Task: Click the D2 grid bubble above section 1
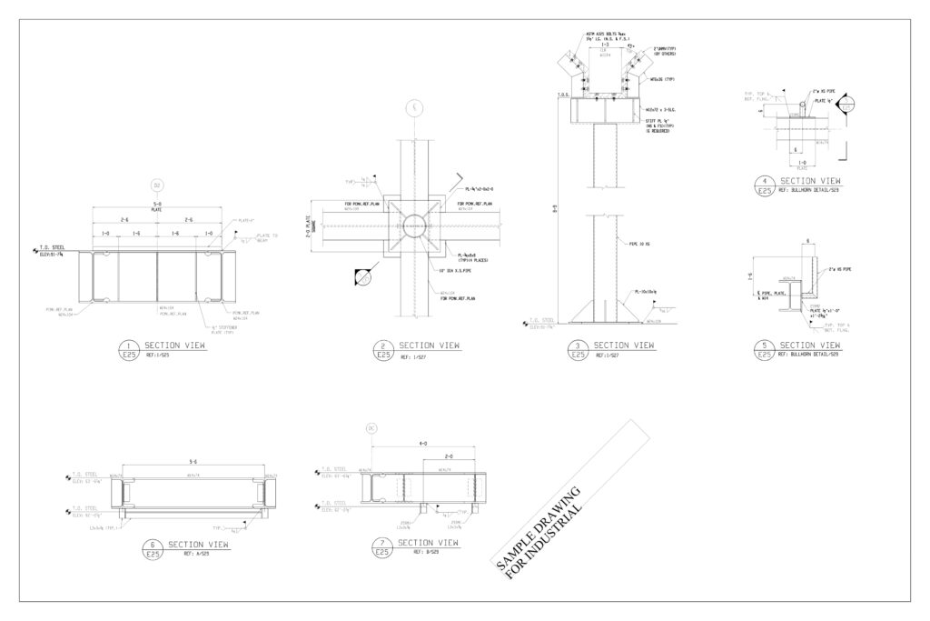coord(156,185)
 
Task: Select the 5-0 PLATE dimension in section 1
coord(156,205)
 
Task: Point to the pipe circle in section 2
coord(413,226)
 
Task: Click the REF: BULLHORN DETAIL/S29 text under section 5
coord(808,354)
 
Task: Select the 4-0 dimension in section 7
coord(422,445)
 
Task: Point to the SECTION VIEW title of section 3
coord(624,346)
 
